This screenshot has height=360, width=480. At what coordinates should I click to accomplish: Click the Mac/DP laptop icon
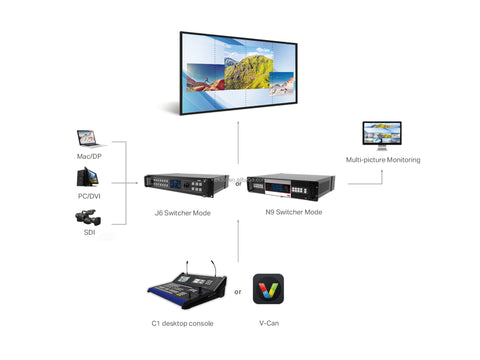click(89, 139)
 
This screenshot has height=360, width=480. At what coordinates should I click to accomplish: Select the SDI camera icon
click(88, 217)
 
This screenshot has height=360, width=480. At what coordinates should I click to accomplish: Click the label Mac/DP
click(88, 157)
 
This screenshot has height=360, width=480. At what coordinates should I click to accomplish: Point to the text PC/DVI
click(88, 197)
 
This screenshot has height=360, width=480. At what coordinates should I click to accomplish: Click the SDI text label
click(88, 233)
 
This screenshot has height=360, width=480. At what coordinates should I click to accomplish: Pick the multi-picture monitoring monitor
click(382, 136)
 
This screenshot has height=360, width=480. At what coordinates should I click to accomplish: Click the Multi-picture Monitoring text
click(383, 160)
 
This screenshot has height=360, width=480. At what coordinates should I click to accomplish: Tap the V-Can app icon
click(268, 290)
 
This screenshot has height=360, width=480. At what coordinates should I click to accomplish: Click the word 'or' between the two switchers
click(238, 184)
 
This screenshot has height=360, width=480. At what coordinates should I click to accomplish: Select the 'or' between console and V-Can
click(238, 292)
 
